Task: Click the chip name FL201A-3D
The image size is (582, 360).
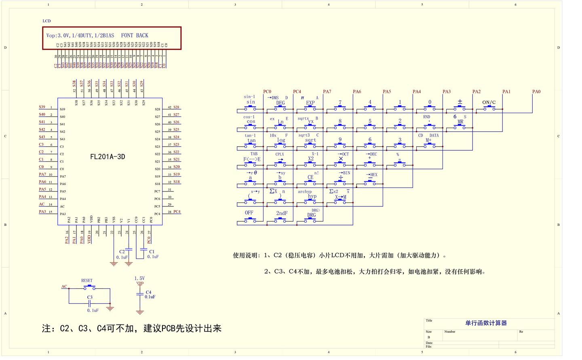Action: coord(108,157)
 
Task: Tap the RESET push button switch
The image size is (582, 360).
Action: coord(89,288)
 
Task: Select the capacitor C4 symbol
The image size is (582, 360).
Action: coord(140,295)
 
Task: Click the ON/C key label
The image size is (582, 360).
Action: coord(489,102)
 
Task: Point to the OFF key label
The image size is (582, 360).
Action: coord(249,213)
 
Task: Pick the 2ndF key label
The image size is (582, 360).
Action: coord(282,213)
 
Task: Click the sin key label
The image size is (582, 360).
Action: coord(251,102)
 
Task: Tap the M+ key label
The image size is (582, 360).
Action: coord(428,141)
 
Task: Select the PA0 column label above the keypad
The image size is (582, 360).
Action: coord(536,92)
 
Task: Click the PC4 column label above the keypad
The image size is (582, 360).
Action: coord(297,92)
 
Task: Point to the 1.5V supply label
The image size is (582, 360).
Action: coord(139,278)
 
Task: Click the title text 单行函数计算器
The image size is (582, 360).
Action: coord(486,323)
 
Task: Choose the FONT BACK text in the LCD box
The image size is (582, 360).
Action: coord(135,36)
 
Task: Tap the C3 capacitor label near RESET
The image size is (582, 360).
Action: coord(90,297)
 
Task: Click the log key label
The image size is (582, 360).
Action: coord(281,140)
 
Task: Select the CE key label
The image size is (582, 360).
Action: coord(310,177)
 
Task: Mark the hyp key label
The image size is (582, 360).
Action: coord(312,196)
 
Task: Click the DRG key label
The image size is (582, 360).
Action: coord(311,215)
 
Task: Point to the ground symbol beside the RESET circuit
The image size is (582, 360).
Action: coord(110,308)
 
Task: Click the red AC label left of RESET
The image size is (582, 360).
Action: coord(64,286)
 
